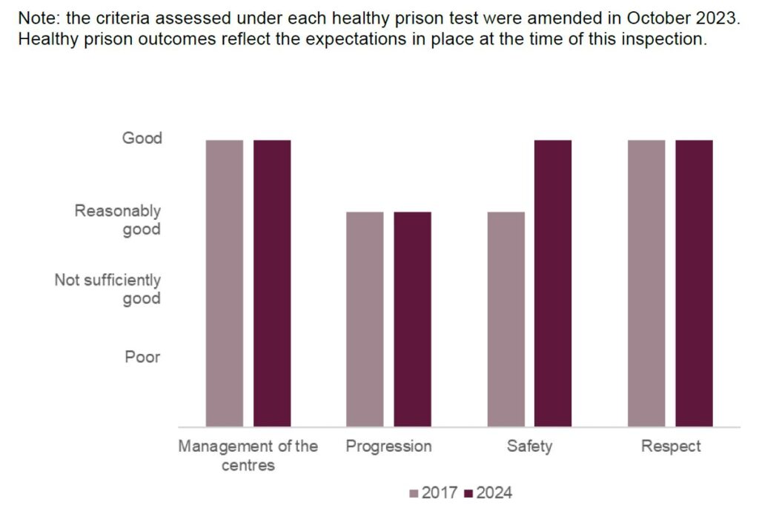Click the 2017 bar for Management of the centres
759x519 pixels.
click(225, 283)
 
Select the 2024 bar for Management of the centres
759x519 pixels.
click(272, 283)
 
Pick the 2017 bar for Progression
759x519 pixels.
click(365, 319)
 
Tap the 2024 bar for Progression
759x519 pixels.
click(412, 319)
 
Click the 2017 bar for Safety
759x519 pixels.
click(506, 319)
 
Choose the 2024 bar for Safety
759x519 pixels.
click(553, 283)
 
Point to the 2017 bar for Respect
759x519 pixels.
click(646, 283)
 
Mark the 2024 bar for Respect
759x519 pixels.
click(694, 283)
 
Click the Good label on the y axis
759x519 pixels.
click(142, 138)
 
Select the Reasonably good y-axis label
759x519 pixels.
click(119, 220)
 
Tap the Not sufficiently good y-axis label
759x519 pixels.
click(108, 289)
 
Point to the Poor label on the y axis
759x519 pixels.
click(142, 357)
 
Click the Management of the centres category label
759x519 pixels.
click(248, 455)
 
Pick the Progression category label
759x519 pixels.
click(388, 446)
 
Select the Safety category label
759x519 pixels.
click(529, 446)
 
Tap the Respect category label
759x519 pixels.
click(670, 446)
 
